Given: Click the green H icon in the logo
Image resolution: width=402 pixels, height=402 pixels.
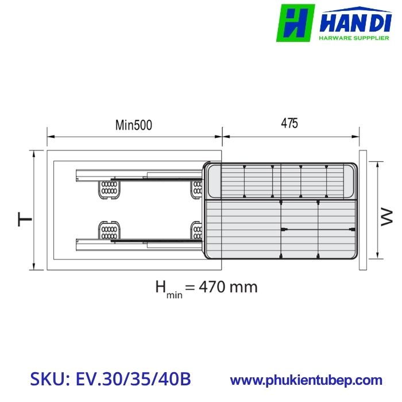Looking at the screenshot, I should [x=296, y=23].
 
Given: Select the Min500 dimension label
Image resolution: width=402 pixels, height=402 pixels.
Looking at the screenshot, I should [x=134, y=125].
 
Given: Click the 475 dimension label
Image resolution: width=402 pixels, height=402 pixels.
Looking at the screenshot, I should [x=289, y=123].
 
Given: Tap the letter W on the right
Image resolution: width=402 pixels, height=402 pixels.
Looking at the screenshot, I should [x=386, y=217].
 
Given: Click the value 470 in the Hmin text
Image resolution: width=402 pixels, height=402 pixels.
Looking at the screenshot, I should [x=215, y=286].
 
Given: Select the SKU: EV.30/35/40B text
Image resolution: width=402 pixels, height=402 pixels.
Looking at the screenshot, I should [x=110, y=380].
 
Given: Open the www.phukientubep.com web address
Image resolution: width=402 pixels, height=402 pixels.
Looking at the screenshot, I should [x=306, y=380].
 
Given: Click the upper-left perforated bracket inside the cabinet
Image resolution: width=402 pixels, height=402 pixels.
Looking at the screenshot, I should [x=109, y=188].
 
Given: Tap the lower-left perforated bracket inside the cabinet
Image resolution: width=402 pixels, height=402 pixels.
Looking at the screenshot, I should [x=109, y=230].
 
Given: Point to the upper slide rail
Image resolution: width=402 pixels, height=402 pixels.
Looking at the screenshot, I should [x=138, y=174].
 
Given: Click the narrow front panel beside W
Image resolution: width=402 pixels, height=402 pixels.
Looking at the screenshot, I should [x=362, y=210].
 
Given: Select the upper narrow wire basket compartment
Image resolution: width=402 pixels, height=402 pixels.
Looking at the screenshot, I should [x=281, y=181].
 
